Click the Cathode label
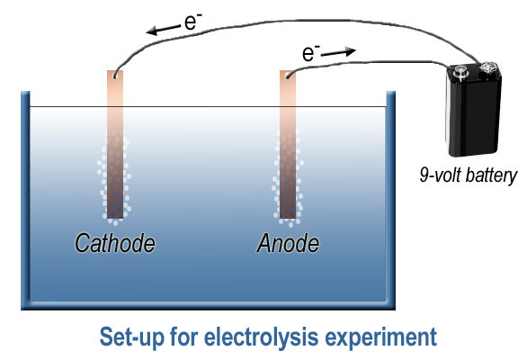[115, 243]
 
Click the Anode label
[288, 243]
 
